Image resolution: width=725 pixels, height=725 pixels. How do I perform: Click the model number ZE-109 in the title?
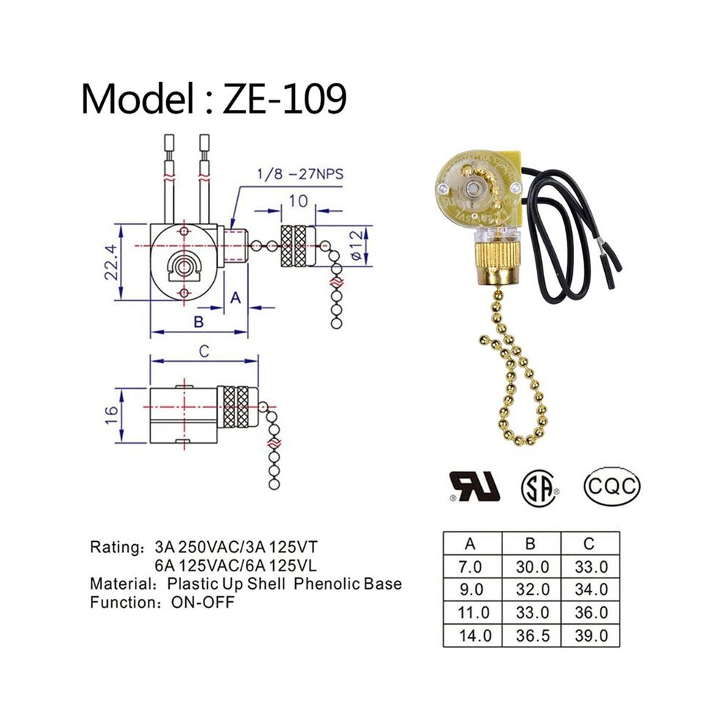pyautogui.click(x=284, y=98)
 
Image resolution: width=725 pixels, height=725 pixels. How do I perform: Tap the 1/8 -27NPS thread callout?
pyautogui.click(x=300, y=174)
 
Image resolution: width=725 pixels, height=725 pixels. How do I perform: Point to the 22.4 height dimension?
pyautogui.click(x=112, y=262)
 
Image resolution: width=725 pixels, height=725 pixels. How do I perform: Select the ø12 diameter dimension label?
pyautogui.click(x=357, y=245)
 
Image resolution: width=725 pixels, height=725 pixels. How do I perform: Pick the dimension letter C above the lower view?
pyautogui.click(x=204, y=352)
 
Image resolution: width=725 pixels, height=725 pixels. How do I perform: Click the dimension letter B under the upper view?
pyautogui.click(x=198, y=321)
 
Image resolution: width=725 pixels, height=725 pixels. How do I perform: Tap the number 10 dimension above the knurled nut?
pyautogui.click(x=298, y=201)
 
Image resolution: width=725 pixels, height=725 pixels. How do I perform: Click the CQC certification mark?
pyautogui.click(x=611, y=486)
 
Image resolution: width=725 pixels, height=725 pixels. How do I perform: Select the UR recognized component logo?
pyautogui.click(x=475, y=487)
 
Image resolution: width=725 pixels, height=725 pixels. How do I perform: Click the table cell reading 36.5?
pyautogui.click(x=532, y=636)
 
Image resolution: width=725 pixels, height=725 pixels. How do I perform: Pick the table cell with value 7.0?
pyautogui.click(x=471, y=567)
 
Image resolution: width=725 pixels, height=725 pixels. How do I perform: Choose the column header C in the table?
pyautogui.click(x=589, y=543)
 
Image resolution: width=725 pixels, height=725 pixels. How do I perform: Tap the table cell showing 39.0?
pyautogui.click(x=591, y=636)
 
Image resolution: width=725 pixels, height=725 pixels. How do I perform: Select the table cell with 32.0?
pyautogui.click(x=532, y=590)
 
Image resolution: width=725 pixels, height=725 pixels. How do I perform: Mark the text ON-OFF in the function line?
pyautogui.click(x=203, y=603)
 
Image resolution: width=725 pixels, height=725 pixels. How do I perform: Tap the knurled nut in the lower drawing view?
pyautogui.click(x=237, y=407)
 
